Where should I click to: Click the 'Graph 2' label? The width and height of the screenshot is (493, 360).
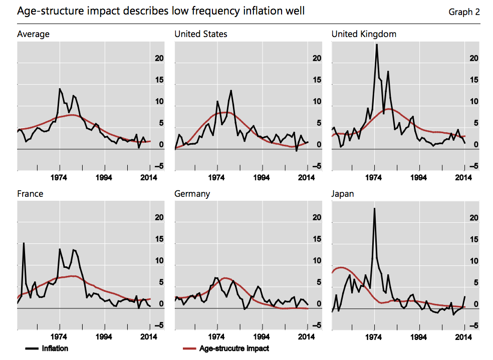(x=464, y=12)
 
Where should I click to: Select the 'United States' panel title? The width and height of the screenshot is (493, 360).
(x=200, y=34)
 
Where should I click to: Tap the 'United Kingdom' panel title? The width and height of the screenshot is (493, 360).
(x=364, y=34)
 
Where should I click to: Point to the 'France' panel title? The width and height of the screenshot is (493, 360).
(x=30, y=194)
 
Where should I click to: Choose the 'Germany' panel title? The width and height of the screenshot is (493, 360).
(x=192, y=194)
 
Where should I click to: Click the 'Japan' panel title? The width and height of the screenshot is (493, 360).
(x=343, y=194)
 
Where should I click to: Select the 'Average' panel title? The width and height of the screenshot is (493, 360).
(x=33, y=34)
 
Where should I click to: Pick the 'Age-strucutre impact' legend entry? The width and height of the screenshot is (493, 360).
(x=234, y=348)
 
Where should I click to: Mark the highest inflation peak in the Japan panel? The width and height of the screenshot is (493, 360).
(x=374, y=208)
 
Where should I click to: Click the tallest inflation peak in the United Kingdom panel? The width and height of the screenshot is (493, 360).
(x=377, y=45)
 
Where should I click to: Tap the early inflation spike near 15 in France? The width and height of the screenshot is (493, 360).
(x=24, y=243)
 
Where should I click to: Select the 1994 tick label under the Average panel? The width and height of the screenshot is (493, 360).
(x=105, y=177)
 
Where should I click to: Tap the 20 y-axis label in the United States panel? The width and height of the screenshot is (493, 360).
(x=316, y=59)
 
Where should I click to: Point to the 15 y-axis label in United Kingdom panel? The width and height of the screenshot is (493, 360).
(x=473, y=80)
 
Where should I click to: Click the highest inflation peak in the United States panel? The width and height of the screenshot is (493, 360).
(x=231, y=91)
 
